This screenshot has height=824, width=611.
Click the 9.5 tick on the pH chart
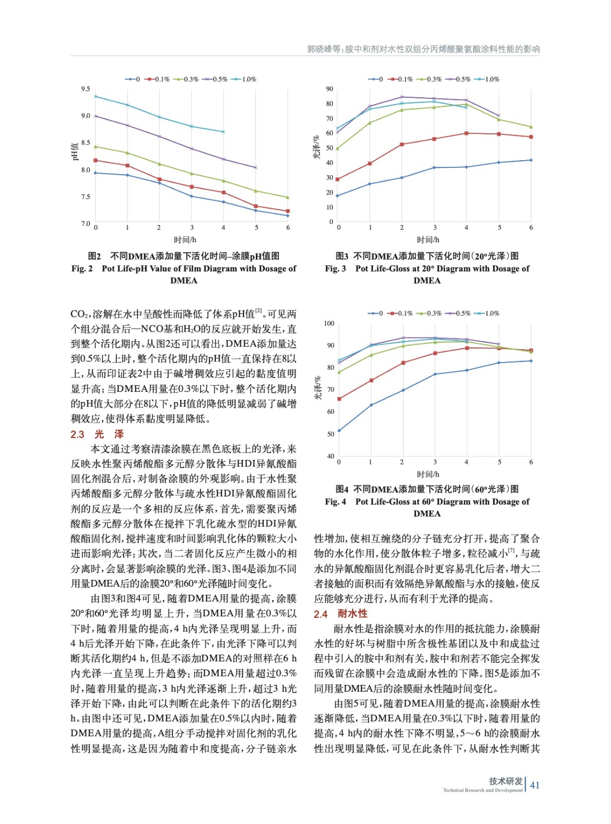(x=85, y=89)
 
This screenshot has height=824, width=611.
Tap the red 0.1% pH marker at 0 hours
(x=96, y=160)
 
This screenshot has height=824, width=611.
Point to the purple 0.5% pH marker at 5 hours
(x=255, y=167)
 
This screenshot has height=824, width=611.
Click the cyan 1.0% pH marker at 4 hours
(x=223, y=132)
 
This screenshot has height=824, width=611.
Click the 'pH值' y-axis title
(x=75, y=151)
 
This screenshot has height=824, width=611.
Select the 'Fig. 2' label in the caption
(x=82, y=268)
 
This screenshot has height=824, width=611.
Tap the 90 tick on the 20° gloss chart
(x=329, y=89)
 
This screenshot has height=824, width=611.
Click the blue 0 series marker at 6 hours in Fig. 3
(x=531, y=160)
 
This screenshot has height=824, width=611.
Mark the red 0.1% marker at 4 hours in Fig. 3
(x=466, y=133)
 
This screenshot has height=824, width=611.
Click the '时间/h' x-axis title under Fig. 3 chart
(x=428, y=239)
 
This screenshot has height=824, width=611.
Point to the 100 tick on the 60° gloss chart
(x=329, y=323)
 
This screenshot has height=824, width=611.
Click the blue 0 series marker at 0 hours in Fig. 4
(x=339, y=431)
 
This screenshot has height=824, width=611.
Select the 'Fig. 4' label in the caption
(x=336, y=502)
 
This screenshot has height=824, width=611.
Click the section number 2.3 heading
(x=77, y=434)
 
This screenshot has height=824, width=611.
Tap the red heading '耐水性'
(x=353, y=613)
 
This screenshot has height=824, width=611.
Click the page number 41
(x=535, y=785)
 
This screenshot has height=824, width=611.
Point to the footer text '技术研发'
(x=506, y=781)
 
